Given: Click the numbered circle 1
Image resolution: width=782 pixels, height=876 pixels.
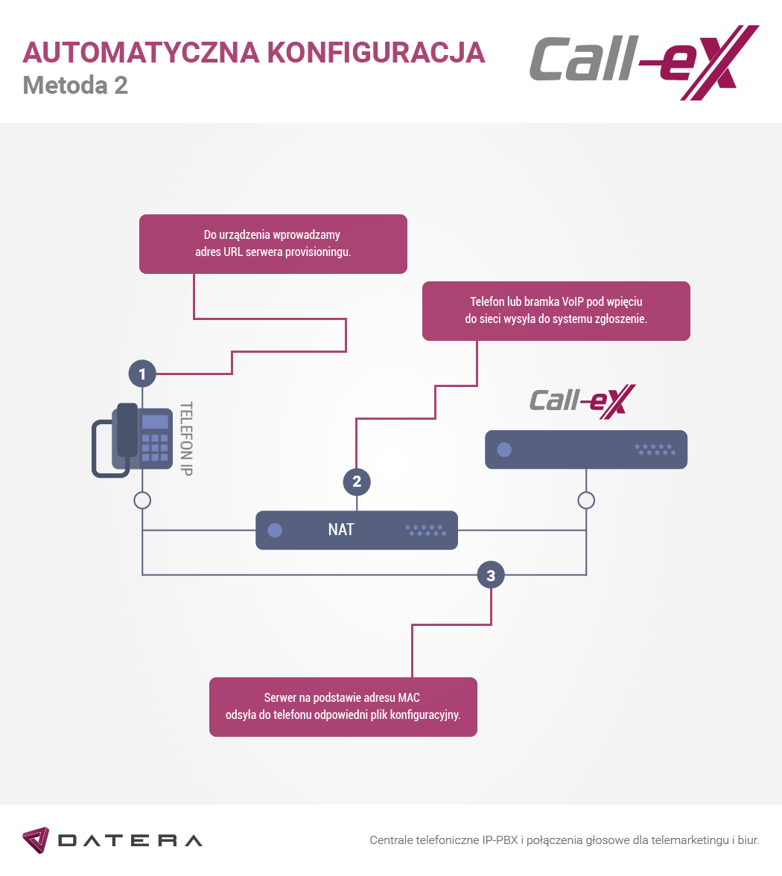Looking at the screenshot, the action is coord(142,374).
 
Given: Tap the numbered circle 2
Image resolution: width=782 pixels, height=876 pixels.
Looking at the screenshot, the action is coord(357,482).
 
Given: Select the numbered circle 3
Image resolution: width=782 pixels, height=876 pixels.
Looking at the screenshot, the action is coord(491,575).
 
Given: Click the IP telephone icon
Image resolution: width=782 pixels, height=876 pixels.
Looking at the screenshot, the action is coord(132,441).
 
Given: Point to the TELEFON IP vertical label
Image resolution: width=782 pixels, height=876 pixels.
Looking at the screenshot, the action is coord(186,438).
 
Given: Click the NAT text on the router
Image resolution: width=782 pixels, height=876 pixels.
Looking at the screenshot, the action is coord(341,530).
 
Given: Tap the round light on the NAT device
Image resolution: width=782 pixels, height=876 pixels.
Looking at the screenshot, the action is coord(275,530).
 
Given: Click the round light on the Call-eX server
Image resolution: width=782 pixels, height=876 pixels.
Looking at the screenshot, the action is coord(504,450).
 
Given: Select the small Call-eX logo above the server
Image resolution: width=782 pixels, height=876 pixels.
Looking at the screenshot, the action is coord(582,402).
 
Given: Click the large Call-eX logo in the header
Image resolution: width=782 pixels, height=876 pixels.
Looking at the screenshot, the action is coord(644,63).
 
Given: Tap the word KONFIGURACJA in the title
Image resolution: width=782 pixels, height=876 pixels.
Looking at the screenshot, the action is coord(375,53).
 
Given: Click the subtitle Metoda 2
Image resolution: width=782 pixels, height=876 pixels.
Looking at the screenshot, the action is coord(75,86).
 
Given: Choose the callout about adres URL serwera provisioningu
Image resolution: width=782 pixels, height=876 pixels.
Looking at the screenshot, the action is coord(273,244).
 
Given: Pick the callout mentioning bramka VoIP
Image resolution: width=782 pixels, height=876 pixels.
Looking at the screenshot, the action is coord(556,311).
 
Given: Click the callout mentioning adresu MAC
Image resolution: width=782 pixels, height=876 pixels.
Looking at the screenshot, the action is coord(343,707).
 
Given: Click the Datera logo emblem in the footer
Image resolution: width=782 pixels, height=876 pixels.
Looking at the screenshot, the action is coord(36,840).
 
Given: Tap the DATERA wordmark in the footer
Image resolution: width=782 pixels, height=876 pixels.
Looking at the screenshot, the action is coord(130,841).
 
